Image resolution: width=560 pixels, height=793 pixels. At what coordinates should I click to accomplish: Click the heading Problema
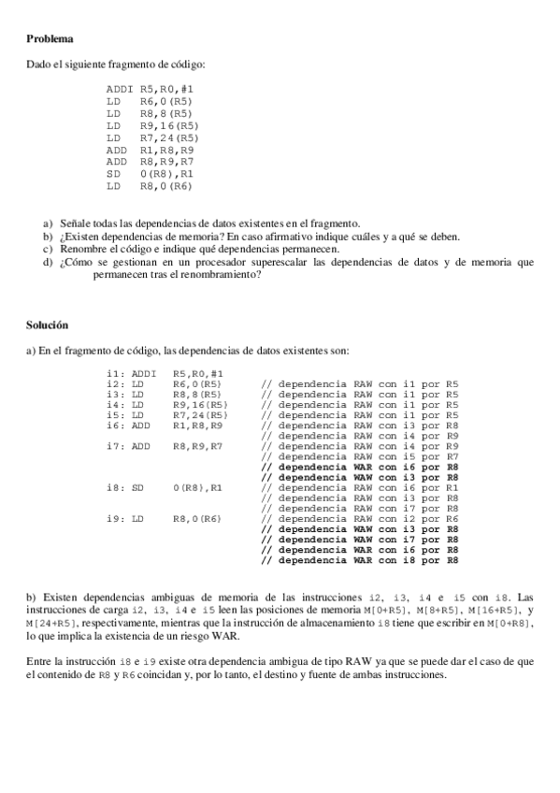point(50,39)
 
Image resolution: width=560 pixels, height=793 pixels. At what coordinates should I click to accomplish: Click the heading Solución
point(48,326)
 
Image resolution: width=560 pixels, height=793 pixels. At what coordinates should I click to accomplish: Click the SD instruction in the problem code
point(114,174)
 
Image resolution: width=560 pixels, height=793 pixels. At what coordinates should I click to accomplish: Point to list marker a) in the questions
point(48,223)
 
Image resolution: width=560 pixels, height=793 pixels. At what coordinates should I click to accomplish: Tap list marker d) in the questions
point(48,263)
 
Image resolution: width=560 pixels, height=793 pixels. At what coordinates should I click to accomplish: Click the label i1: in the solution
point(117,373)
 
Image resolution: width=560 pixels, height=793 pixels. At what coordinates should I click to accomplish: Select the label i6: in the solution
point(117,425)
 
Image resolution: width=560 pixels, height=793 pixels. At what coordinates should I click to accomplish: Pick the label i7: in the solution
point(117,446)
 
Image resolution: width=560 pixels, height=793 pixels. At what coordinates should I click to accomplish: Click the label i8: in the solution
point(117,487)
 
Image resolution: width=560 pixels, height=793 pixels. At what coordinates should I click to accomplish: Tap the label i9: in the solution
point(117,518)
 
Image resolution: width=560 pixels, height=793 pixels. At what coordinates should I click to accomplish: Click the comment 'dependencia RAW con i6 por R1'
point(359,487)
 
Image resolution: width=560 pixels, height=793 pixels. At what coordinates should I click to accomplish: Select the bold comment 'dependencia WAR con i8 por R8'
point(359,559)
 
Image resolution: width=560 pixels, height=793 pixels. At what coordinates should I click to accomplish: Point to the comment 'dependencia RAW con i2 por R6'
point(359,518)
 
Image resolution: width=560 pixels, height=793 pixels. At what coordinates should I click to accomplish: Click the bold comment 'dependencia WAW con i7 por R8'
point(359,539)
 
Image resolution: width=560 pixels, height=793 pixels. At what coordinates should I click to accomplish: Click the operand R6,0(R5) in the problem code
point(166,101)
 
